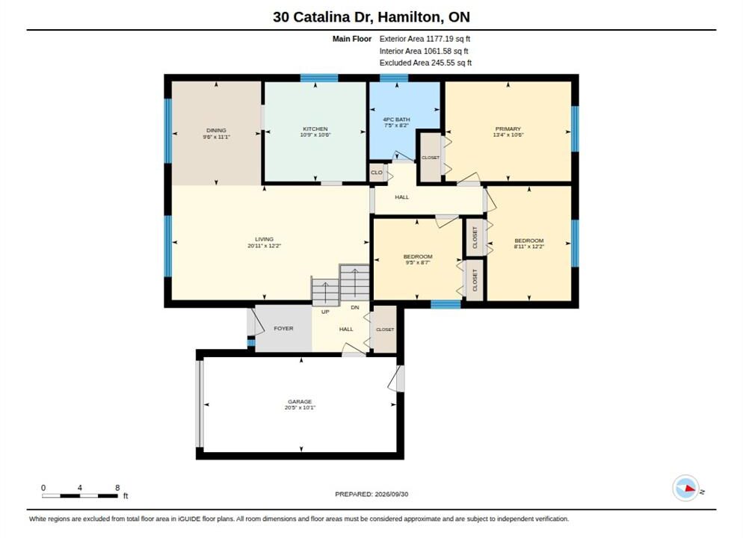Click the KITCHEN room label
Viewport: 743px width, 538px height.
click(315, 129)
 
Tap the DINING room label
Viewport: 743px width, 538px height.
click(216, 130)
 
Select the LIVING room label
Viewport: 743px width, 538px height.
click(264, 239)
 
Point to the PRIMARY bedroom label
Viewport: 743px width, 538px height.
click(508, 129)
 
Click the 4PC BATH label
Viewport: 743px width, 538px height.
click(396, 120)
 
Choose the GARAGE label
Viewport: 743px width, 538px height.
click(300, 401)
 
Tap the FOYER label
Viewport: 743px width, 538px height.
click(283, 328)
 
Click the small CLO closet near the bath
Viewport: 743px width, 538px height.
click(377, 173)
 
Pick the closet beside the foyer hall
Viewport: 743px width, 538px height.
click(385, 329)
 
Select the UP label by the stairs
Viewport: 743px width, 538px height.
click(325, 312)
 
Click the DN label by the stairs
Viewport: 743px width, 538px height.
click(355, 307)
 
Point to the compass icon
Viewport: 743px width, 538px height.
click(685, 488)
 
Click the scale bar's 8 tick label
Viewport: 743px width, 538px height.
click(117, 487)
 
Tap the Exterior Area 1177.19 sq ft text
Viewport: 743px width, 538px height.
click(425, 39)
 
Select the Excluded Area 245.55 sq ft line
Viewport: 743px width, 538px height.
click(425, 63)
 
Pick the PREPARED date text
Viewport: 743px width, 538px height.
click(371, 494)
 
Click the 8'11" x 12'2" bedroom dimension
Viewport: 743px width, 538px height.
click(529, 247)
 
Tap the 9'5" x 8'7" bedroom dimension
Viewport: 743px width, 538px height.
click(417, 262)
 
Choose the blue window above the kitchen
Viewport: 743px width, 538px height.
click(319, 78)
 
